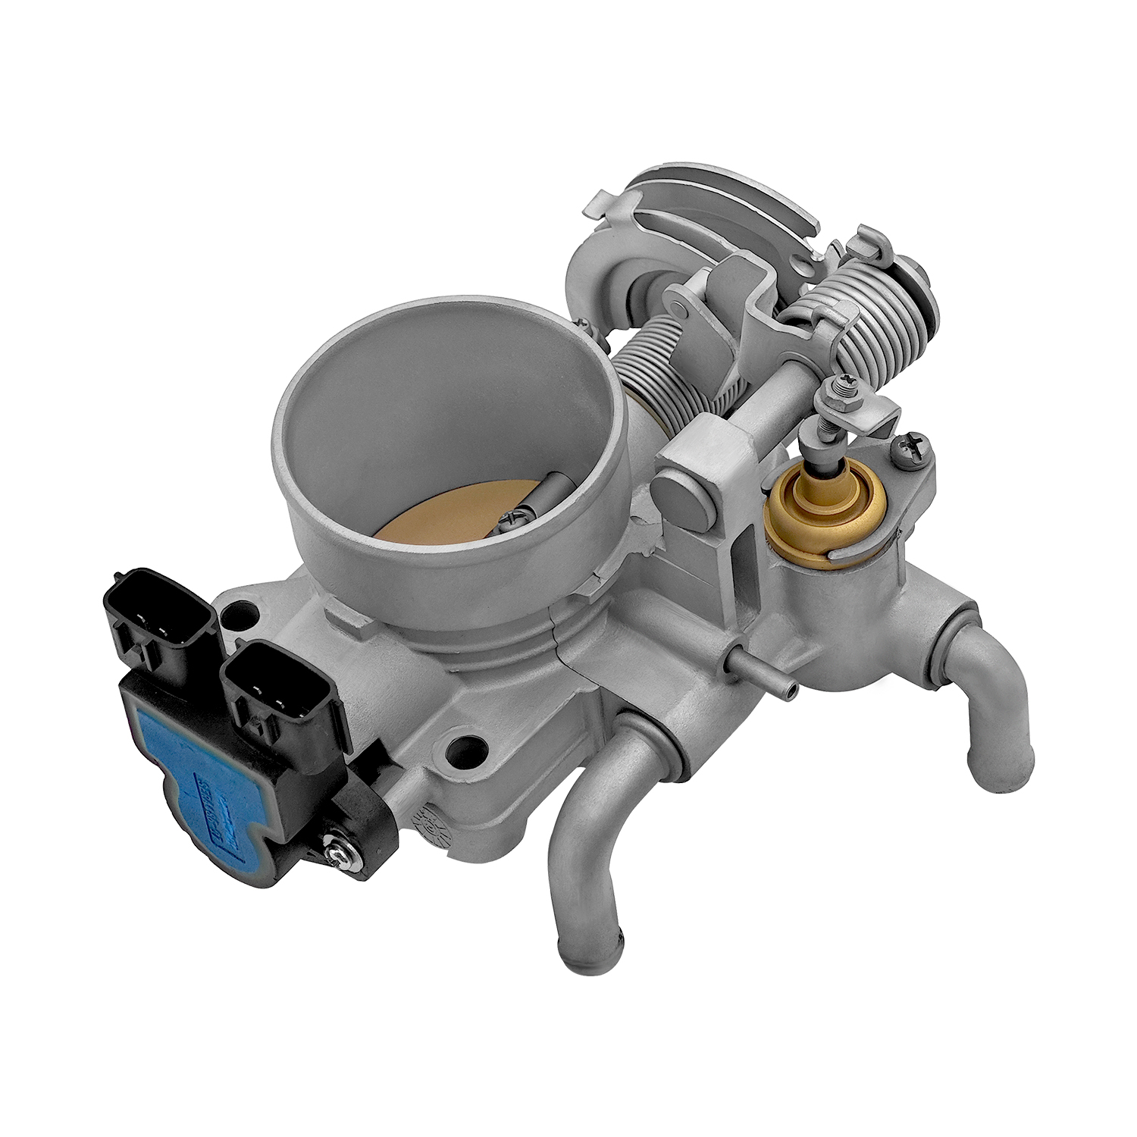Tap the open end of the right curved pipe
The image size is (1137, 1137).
pyautogui.click(x=1003, y=770)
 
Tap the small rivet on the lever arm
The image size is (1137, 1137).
pyautogui.click(x=672, y=307)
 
